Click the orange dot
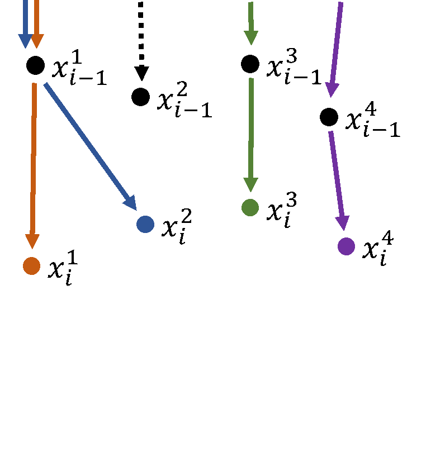[x=31, y=266]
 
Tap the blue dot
[x=145, y=224]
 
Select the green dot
[x=250, y=207]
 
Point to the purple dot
[x=346, y=246]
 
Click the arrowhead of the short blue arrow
[x=25, y=41]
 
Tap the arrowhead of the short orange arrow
[x=37, y=41]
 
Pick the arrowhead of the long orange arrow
[x=32, y=241]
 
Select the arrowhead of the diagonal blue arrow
[x=131, y=203]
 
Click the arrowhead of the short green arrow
[x=251, y=38]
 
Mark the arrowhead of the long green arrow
[x=250, y=184]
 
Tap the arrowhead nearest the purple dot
[x=342, y=223]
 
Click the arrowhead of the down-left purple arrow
[x=332, y=89]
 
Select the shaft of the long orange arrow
[x=34, y=156]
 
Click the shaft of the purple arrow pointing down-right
[x=336, y=173]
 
